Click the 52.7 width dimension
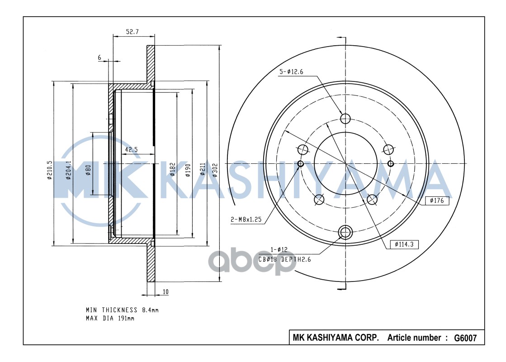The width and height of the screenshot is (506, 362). pyautogui.click(x=132, y=32)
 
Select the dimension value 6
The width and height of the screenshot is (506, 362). pyautogui.click(x=99, y=57)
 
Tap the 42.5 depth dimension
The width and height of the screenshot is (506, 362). pyautogui.click(x=131, y=149)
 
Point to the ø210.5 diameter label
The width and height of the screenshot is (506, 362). pyautogui.click(x=50, y=171)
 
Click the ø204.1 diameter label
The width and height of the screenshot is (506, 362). pyautogui.click(x=69, y=170)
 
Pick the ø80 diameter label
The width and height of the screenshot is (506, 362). pyautogui.click(x=89, y=170)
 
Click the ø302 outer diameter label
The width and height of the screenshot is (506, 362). pyautogui.click(x=215, y=170)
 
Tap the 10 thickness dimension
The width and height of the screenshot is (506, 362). pyautogui.click(x=166, y=292)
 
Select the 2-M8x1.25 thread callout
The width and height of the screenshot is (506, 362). pyautogui.click(x=246, y=220)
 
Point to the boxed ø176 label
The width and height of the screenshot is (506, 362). pyautogui.click(x=437, y=200)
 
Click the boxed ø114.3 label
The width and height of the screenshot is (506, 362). pyautogui.click(x=404, y=244)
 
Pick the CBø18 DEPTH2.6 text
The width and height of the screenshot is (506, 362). pyautogui.click(x=285, y=260)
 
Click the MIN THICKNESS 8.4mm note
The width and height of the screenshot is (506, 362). pyautogui.click(x=122, y=310)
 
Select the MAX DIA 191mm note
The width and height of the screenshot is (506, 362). pyautogui.click(x=110, y=319)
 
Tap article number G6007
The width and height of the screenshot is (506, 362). pyautogui.click(x=465, y=338)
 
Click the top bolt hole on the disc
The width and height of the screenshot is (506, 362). pyautogui.click(x=345, y=119)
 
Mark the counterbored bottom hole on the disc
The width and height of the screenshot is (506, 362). pyautogui.click(x=345, y=233)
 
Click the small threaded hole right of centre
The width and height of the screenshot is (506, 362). pyautogui.click(x=391, y=163)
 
